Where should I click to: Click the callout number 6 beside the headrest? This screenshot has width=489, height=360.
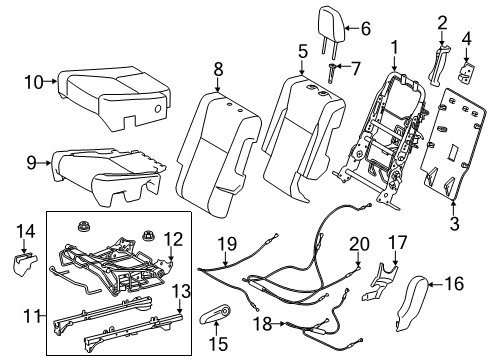(366, 29)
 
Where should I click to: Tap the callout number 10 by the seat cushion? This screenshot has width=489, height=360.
(33, 82)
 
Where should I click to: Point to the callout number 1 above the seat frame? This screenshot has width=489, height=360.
(394, 46)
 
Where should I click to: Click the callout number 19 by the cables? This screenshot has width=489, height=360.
(227, 242)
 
